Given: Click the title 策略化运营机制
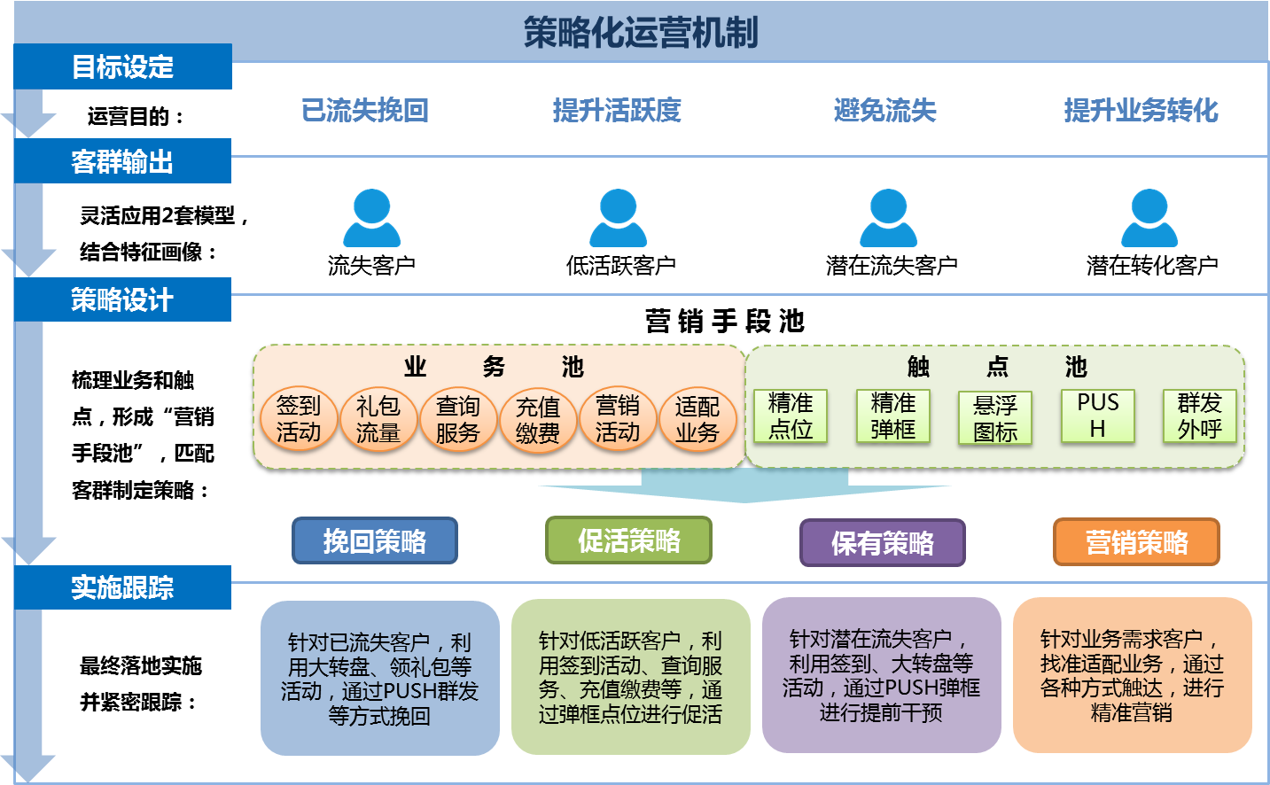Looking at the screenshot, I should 640,33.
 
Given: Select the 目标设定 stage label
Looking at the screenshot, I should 122,66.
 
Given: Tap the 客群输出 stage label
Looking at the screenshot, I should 122,161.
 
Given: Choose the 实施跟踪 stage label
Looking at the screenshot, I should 122,587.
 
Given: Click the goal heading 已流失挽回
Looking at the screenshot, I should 365,110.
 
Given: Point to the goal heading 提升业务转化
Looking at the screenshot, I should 1141,110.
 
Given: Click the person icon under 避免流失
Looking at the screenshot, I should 888,218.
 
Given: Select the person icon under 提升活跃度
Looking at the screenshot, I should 619,218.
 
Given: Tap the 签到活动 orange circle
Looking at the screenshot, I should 299,419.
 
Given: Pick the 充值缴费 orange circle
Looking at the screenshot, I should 538,420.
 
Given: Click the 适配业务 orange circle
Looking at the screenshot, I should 697,420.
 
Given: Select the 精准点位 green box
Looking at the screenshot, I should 791,416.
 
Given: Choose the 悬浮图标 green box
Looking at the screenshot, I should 995,418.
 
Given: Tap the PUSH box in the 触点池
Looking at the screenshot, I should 1098,416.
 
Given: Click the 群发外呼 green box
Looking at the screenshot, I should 1199,416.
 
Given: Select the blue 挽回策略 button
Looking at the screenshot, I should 375,540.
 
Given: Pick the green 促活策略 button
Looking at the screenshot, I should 628,540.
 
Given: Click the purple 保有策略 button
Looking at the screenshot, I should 882,542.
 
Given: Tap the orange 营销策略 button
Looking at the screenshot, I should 1136,542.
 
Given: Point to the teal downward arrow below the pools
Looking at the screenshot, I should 744,486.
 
